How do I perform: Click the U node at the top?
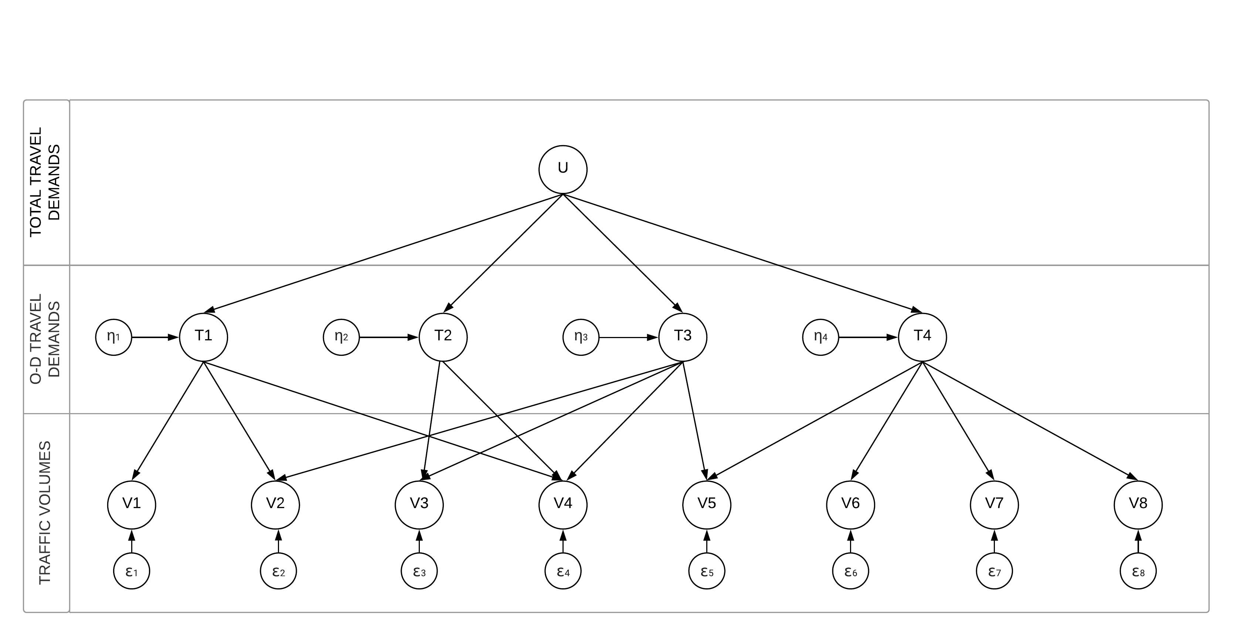[x=563, y=170]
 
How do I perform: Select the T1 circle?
[x=204, y=337]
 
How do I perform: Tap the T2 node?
[x=443, y=337]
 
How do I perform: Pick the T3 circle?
[x=683, y=337]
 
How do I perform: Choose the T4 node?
[x=922, y=337]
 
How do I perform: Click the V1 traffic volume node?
[x=132, y=505]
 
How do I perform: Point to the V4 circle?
[x=563, y=505]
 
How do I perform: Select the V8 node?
[x=1138, y=505]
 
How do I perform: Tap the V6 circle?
[x=850, y=505]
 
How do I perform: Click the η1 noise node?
[x=113, y=337]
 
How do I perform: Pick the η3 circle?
[x=581, y=337]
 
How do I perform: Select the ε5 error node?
[x=707, y=571]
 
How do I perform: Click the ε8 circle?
[x=1138, y=571]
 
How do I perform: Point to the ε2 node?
[x=278, y=571]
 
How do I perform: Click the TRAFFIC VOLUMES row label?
[x=45, y=512]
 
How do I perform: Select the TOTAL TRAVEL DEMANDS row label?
[x=45, y=182]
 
